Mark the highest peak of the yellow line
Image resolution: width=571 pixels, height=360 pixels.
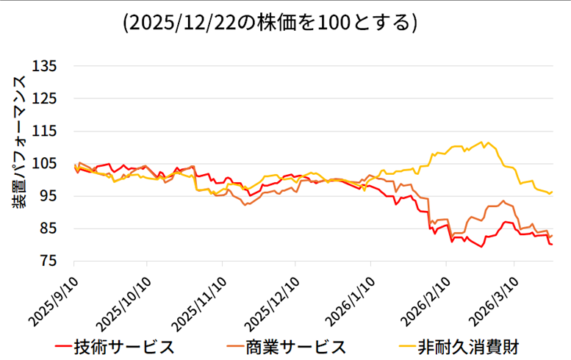pos(481,142)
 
